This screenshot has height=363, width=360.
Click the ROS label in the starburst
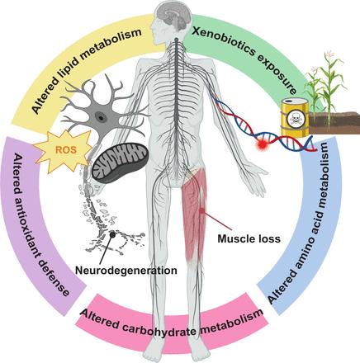[66, 150]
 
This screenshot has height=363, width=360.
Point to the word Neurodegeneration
[126, 271]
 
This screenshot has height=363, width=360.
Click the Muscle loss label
[249, 238]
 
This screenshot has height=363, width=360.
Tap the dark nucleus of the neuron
[101, 118]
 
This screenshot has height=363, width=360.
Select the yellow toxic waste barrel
[295, 117]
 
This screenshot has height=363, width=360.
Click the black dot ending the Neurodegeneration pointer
[112, 234]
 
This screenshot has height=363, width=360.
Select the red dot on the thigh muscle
[203, 210]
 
